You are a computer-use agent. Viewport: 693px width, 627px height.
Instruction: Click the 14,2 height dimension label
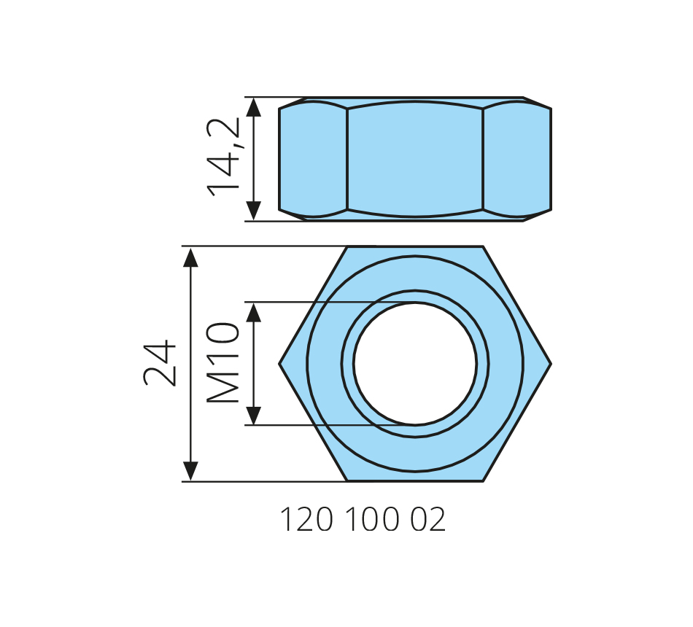224,157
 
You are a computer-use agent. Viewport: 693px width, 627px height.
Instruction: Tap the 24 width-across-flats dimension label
160,363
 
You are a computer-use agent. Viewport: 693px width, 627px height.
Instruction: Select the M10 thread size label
223,363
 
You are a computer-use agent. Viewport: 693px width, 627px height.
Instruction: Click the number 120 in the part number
306,520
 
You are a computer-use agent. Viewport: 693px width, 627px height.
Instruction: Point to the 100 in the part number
372,520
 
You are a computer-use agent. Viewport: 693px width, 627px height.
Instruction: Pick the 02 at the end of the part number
427,520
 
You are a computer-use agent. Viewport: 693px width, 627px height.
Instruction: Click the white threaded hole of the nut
415,364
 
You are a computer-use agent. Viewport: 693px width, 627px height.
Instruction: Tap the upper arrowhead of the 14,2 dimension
253,107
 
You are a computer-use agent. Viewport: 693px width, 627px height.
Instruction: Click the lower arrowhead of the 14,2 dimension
253,211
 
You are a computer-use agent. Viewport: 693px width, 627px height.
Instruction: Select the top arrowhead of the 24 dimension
190,257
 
